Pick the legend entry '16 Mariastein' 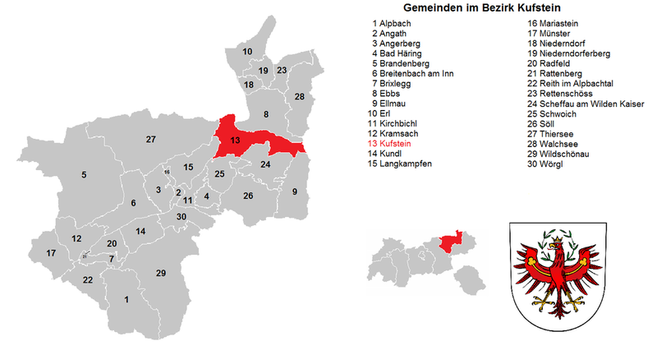(555, 24)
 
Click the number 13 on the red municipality (235, 141)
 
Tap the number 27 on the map (150, 139)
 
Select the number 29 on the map (161, 273)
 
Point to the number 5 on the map (83, 174)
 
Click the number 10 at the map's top (247, 52)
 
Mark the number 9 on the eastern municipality (295, 191)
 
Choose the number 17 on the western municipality (52, 253)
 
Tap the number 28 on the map (300, 97)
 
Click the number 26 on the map (248, 196)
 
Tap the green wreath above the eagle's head (558, 239)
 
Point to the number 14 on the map (140, 231)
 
